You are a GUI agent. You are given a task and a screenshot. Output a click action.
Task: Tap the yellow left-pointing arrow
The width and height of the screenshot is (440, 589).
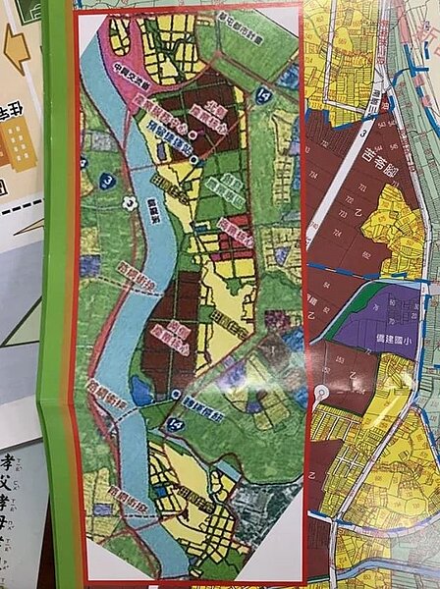click(18, 47)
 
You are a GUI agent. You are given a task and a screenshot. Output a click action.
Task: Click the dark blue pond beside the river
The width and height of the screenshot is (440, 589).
click(140, 391)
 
